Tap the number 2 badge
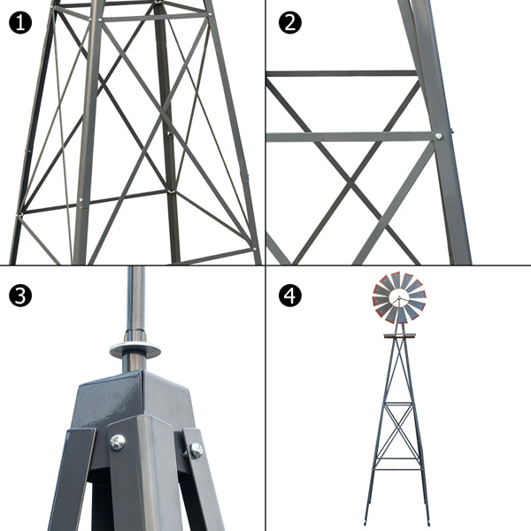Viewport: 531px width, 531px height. (x=289, y=22)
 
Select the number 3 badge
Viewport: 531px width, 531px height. (x=21, y=295)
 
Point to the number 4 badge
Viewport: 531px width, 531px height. (x=289, y=295)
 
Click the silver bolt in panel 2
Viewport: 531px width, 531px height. (x=438, y=136)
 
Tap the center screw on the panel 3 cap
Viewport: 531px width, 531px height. (x=117, y=442)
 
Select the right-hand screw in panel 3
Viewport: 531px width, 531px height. (x=196, y=450)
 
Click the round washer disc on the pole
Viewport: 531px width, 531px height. (x=135, y=349)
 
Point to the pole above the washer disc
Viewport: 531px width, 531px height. (x=135, y=296)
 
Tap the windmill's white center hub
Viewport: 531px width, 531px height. (x=399, y=298)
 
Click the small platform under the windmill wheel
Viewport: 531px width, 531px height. (x=399, y=335)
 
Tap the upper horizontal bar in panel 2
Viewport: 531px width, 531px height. (x=341, y=73)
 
